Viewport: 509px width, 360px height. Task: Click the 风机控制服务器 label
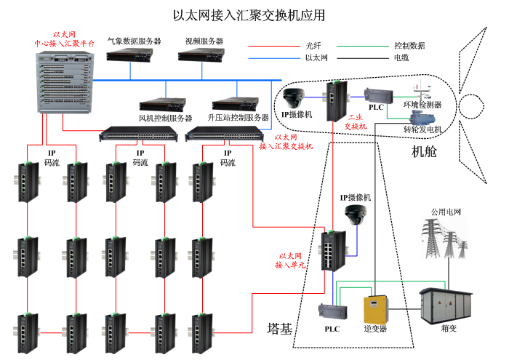click(x=165, y=118)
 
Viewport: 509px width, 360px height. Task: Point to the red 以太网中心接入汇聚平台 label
click(x=65, y=39)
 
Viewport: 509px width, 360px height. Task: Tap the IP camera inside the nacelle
click(x=296, y=98)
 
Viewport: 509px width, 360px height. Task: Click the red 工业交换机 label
click(x=356, y=121)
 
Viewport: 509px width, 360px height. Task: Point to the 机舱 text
click(x=425, y=152)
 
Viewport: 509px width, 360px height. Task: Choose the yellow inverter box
click(x=376, y=308)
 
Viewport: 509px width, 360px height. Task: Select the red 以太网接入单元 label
click(x=291, y=261)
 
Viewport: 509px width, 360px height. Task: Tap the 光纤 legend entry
click(x=313, y=45)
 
